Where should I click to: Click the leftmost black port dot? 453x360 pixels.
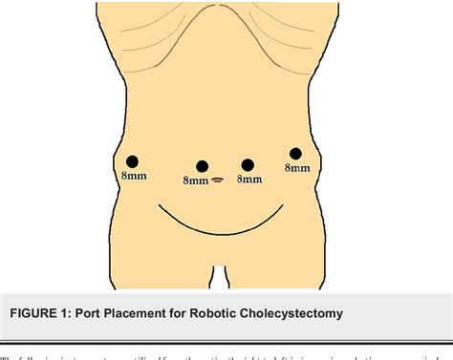pos(133,161)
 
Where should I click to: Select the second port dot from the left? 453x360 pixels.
pos(202,166)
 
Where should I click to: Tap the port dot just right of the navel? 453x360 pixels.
pos(248,165)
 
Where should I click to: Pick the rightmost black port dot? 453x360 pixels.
pos(295,154)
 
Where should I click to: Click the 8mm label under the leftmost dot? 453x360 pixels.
pos(133,177)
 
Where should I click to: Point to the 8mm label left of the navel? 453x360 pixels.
pos(195,180)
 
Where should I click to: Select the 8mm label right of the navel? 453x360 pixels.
pos(248,179)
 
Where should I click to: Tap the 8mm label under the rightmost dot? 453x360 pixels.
pos(297,168)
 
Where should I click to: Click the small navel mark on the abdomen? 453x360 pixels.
pos(218,179)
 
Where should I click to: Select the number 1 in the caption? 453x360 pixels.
pos(83,313)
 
